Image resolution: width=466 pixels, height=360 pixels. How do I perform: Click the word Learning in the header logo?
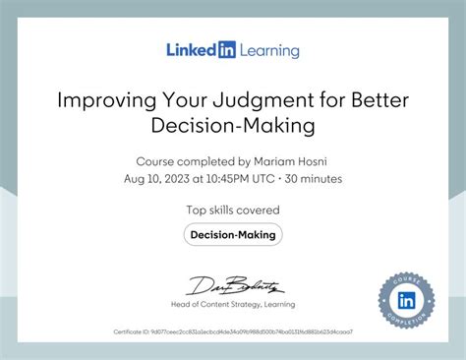264,49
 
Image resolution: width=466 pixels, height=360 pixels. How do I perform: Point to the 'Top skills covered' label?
233,210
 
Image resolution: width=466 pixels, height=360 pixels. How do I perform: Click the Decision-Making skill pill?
233,234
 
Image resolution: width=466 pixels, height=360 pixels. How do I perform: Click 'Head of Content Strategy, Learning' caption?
233,305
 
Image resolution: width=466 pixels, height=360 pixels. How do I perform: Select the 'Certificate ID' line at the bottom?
233,331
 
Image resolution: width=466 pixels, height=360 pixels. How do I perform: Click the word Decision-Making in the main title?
233,125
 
